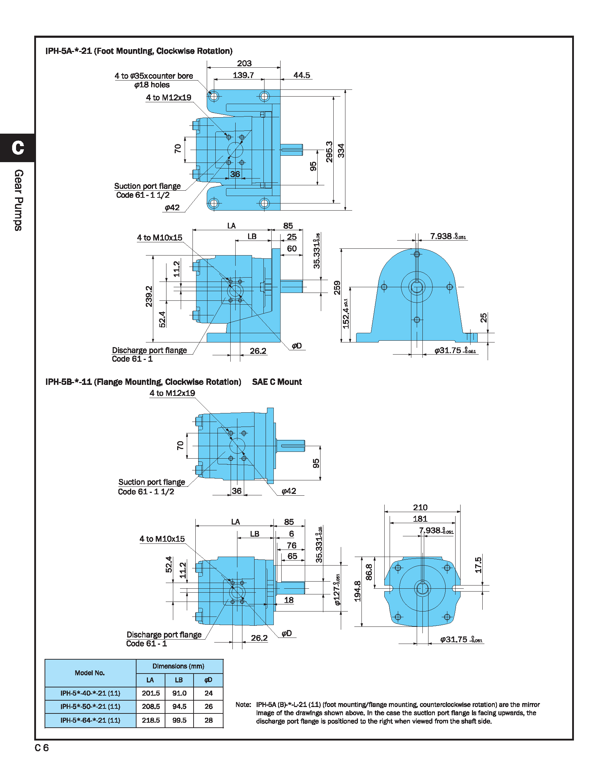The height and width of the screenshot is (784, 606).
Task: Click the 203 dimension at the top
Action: click(x=244, y=63)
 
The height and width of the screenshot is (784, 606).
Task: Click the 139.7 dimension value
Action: click(x=243, y=76)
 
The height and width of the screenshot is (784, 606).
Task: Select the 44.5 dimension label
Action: click(x=302, y=76)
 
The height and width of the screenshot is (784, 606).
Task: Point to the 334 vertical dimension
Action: click(x=341, y=151)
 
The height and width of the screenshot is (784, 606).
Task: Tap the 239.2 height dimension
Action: click(x=149, y=296)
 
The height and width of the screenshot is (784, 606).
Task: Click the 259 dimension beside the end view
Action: click(x=337, y=288)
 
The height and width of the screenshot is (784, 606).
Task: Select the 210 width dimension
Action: click(x=420, y=507)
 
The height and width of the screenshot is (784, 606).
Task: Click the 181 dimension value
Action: click(x=420, y=519)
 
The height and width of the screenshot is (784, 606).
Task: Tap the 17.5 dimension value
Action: click(x=478, y=565)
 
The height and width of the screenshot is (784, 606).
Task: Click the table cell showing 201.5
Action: click(x=151, y=693)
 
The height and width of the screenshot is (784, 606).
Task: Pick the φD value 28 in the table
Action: click(x=209, y=720)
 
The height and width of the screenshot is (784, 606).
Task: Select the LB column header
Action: click(x=179, y=680)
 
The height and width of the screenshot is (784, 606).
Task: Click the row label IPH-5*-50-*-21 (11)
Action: click(x=91, y=706)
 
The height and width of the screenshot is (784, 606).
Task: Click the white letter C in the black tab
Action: click(x=17, y=148)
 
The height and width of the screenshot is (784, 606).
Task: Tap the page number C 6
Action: click(x=42, y=748)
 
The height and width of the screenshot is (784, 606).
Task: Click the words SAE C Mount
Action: click(x=277, y=382)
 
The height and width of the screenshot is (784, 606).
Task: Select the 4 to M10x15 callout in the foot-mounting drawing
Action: click(x=159, y=238)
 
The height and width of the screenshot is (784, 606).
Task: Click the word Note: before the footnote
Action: click(x=243, y=704)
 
